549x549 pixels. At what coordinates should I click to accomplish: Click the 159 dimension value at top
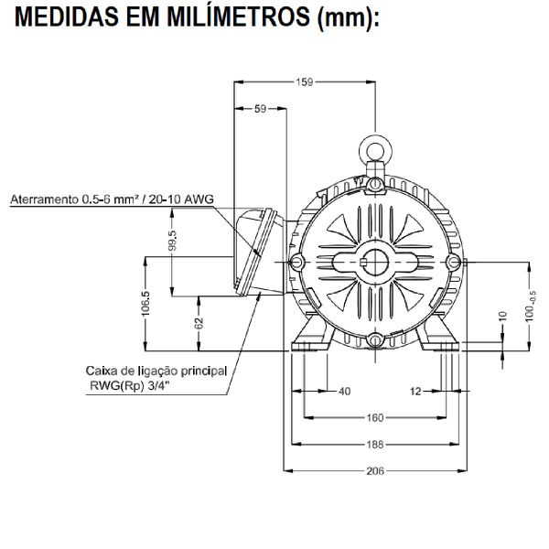[304, 82]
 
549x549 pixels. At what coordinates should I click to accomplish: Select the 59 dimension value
[259, 109]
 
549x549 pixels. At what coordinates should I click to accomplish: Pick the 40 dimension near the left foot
[344, 392]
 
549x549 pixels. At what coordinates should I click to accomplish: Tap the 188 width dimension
[375, 445]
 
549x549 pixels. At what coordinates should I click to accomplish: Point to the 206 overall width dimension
[375, 471]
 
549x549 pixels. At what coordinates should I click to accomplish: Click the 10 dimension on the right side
[502, 317]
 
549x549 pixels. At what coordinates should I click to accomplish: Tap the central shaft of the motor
[375, 262]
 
